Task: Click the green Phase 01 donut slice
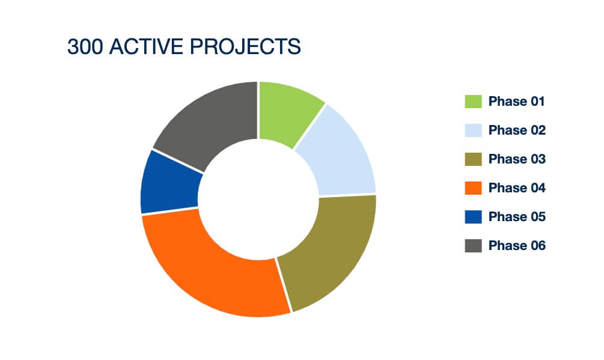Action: (287, 112)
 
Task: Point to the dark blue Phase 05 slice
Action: (169, 183)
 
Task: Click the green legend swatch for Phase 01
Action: (473, 101)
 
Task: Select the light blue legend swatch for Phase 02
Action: (473, 130)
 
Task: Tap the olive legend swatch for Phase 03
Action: (473, 159)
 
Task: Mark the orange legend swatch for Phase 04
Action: (473, 188)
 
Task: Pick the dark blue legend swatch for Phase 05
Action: (473, 217)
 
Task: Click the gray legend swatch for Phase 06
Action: (473, 246)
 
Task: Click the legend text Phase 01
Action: (517, 101)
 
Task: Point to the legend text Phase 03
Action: (517, 159)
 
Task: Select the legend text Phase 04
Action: (517, 188)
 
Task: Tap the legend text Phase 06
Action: (517, 246)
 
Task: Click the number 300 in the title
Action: (85, 47)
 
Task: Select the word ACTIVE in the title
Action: (146, 47)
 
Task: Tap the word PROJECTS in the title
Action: (245, 47)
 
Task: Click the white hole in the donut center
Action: (258, 200)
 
